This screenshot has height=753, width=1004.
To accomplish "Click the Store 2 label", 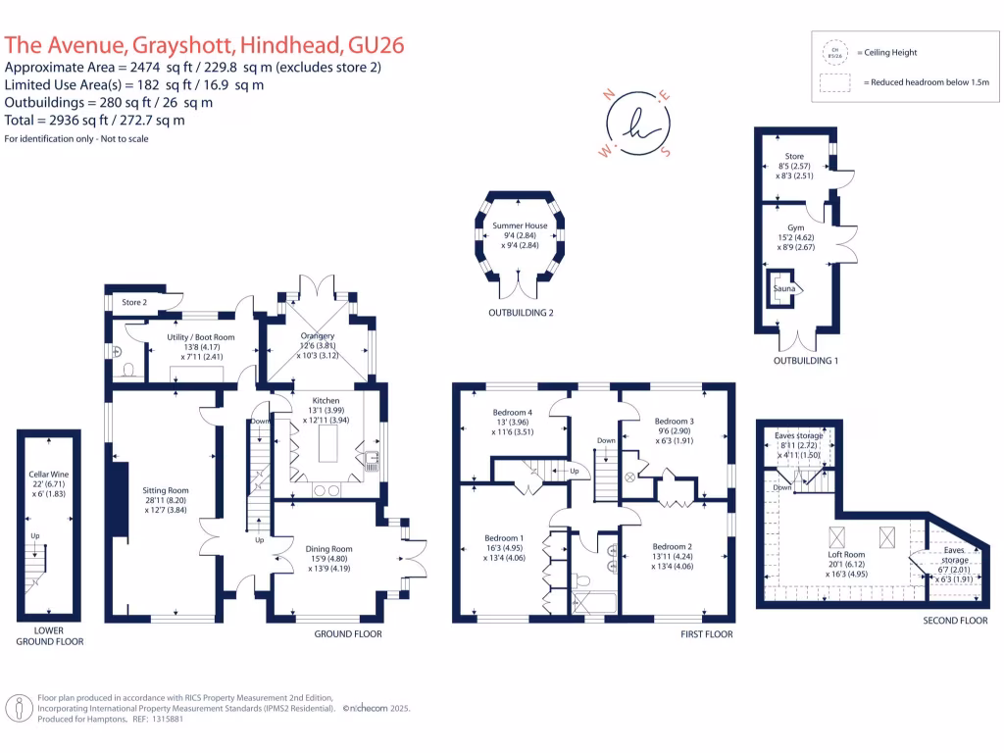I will pyautogui.click(x=134, y=302).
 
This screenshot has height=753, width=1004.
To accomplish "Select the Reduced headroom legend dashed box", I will pyautogui.click(x=835, y=84).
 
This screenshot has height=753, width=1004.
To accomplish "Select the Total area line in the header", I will pyautogui.click(x=95, y=120).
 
